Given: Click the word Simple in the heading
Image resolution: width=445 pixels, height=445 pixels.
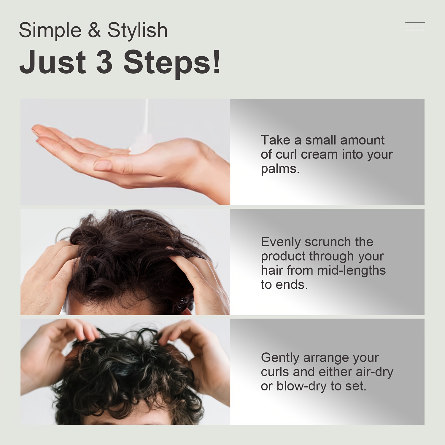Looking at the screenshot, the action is pyautogui.click(x=50, y=30).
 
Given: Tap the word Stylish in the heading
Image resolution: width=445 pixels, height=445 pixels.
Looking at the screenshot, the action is pyautogui.click(x=137, y=30).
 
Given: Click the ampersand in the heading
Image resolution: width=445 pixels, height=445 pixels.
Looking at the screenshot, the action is pyautogui.click(x=94, y=30).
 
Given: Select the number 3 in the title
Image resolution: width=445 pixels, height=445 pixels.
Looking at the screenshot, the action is pyautogui.click(x=105, y=62).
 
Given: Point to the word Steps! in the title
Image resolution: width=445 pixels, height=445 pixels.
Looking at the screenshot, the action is pyautogui.click(x=172, y=63).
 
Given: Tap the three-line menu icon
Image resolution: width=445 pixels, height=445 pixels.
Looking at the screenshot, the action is pyautogui.click(x=415, y=26).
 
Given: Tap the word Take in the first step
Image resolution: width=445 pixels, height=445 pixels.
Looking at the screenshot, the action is pyautogui.click(x=276, y=140).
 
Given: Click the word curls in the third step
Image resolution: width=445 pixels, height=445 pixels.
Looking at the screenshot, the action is pyautogui.click(x=275, y=372).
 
